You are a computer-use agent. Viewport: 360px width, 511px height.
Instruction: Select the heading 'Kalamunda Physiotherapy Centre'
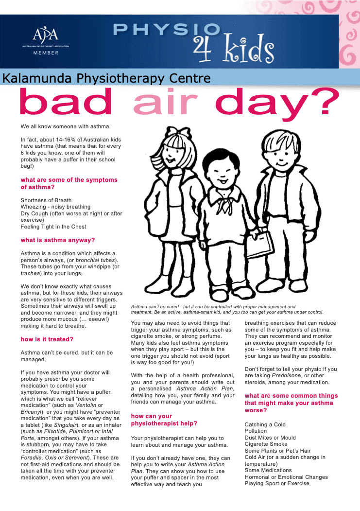pos(106,78)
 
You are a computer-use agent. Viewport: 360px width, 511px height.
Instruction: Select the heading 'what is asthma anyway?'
pos(58,240)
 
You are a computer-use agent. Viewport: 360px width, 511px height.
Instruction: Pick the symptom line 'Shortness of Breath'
pos(46,200)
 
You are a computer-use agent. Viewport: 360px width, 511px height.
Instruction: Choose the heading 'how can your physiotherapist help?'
pos(164,420)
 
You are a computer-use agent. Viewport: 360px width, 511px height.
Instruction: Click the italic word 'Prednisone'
pos(288,376)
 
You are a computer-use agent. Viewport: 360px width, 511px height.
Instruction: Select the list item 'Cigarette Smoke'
pos(266,444)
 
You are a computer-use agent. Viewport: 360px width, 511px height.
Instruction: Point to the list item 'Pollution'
pos(256,431)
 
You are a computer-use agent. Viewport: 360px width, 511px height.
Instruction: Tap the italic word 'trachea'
pos(30,273)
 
